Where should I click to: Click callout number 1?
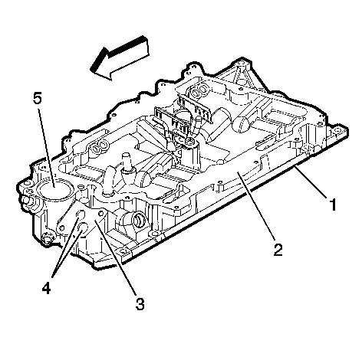pos(332,205)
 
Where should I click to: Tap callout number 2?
pos(278,250)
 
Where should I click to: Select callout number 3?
pos(140,304)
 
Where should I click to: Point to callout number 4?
pos(46,289)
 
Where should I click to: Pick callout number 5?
pos(38,98)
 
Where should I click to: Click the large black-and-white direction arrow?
pos(120,58)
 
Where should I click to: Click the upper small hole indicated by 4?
pos(80,215)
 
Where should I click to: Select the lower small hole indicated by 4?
pos(82,227)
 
